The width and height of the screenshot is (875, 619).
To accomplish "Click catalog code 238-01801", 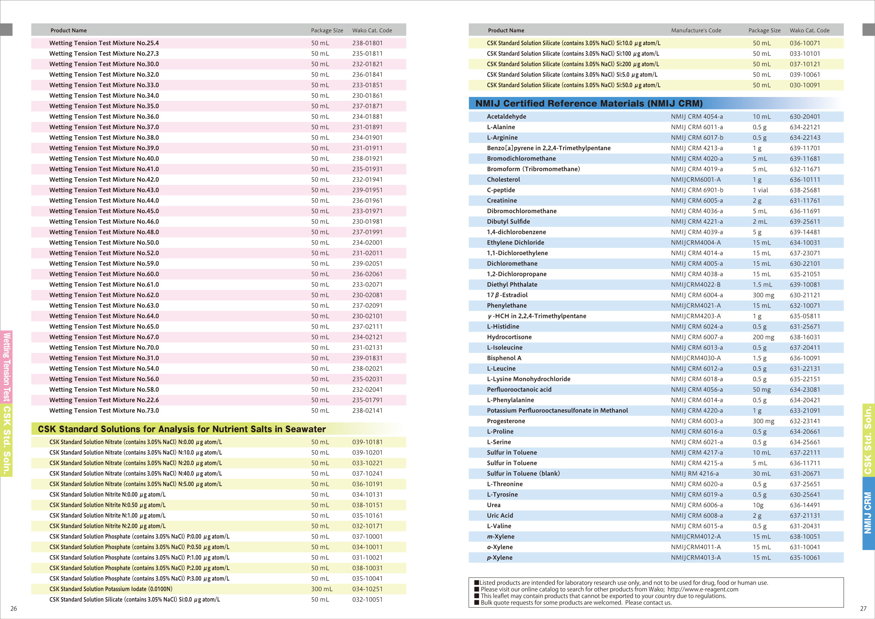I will tap(367, 43).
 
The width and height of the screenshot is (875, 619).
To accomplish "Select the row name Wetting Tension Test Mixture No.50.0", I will tap(104, 242).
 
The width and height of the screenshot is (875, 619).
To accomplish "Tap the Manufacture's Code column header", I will tap(696, 30).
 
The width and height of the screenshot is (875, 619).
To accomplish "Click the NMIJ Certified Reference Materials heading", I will tap(589, 103).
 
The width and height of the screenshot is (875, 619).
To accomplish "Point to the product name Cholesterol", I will tap(503, 180).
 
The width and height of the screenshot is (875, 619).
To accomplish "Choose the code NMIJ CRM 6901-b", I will tap(696, 190).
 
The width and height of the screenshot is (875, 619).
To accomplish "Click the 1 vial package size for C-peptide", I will tap(760, 190).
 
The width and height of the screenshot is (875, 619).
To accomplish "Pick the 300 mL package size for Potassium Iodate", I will tap(322, 589).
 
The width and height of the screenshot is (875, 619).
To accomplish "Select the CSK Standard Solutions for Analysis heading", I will tap(182, 429).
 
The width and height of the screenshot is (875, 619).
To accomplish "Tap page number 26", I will tap(13, 608).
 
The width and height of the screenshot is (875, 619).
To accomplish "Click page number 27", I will tap(863, 608).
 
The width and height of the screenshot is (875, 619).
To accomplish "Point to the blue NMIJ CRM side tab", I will tap(868, 513).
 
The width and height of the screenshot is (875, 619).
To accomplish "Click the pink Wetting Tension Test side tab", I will tap(6, 367).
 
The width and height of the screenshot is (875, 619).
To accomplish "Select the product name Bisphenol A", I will tap(504, 358).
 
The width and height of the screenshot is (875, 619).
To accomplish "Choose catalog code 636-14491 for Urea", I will tap(804, 505).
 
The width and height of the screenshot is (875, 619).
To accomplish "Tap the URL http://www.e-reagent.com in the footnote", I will tap(703, 589).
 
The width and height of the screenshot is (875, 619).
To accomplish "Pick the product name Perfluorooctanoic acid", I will tap(519, 390).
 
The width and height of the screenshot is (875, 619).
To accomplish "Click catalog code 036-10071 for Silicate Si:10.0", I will tap(804, 43).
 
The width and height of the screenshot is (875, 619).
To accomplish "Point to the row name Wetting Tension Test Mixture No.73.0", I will tap(104, 410).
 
